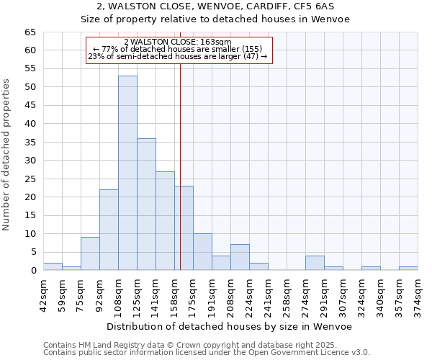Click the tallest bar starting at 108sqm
tap(127, 173)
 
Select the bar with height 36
tap(146, 204)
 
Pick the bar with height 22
tap(109, 230)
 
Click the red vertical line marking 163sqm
tap(180, 166)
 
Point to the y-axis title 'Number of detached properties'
tap(7, 156)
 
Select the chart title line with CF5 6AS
tap(215, 6)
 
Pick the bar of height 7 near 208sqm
tap(240, 257)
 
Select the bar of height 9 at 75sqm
tap(90, 253)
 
